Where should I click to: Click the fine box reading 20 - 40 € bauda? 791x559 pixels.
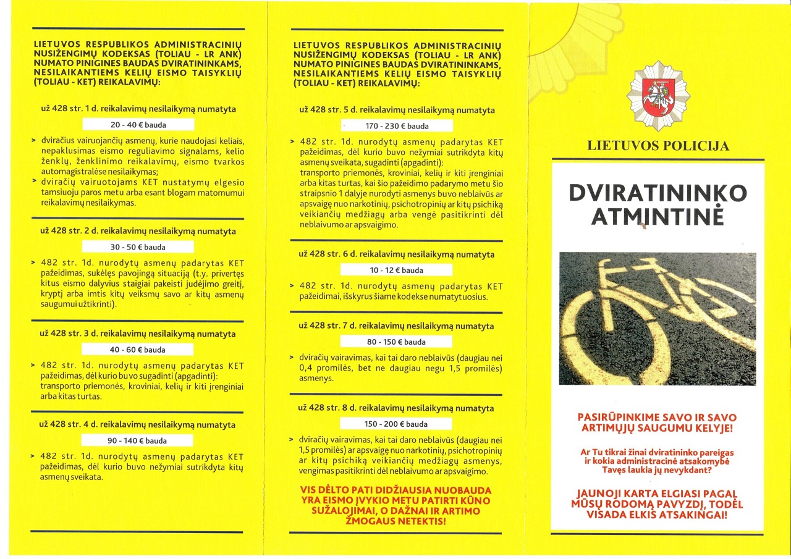point(138,125)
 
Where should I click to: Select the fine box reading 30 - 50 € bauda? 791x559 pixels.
point(138,247)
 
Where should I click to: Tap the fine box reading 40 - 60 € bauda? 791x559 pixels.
point(138,350)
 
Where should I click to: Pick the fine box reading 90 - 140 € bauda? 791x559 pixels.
point(138,441)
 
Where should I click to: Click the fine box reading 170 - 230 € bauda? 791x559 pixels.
point(396,126)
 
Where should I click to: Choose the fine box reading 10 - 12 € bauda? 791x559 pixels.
point(396,270)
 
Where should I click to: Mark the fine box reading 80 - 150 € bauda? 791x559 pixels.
point(396,342)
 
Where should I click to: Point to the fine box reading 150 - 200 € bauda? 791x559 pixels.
point(396,424)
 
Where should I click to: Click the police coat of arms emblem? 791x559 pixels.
point(658,96)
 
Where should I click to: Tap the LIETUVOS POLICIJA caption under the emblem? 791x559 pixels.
point(658,146)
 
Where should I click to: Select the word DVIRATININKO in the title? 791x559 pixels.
point(657,193)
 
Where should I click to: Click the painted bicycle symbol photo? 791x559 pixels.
point(657,318)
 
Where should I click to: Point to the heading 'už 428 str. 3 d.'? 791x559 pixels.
point(138,334)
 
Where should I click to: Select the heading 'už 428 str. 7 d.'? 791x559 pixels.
point(396,326)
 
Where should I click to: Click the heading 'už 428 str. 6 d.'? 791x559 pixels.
point(396,254)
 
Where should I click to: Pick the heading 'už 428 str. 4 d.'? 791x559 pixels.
point(138,425)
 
